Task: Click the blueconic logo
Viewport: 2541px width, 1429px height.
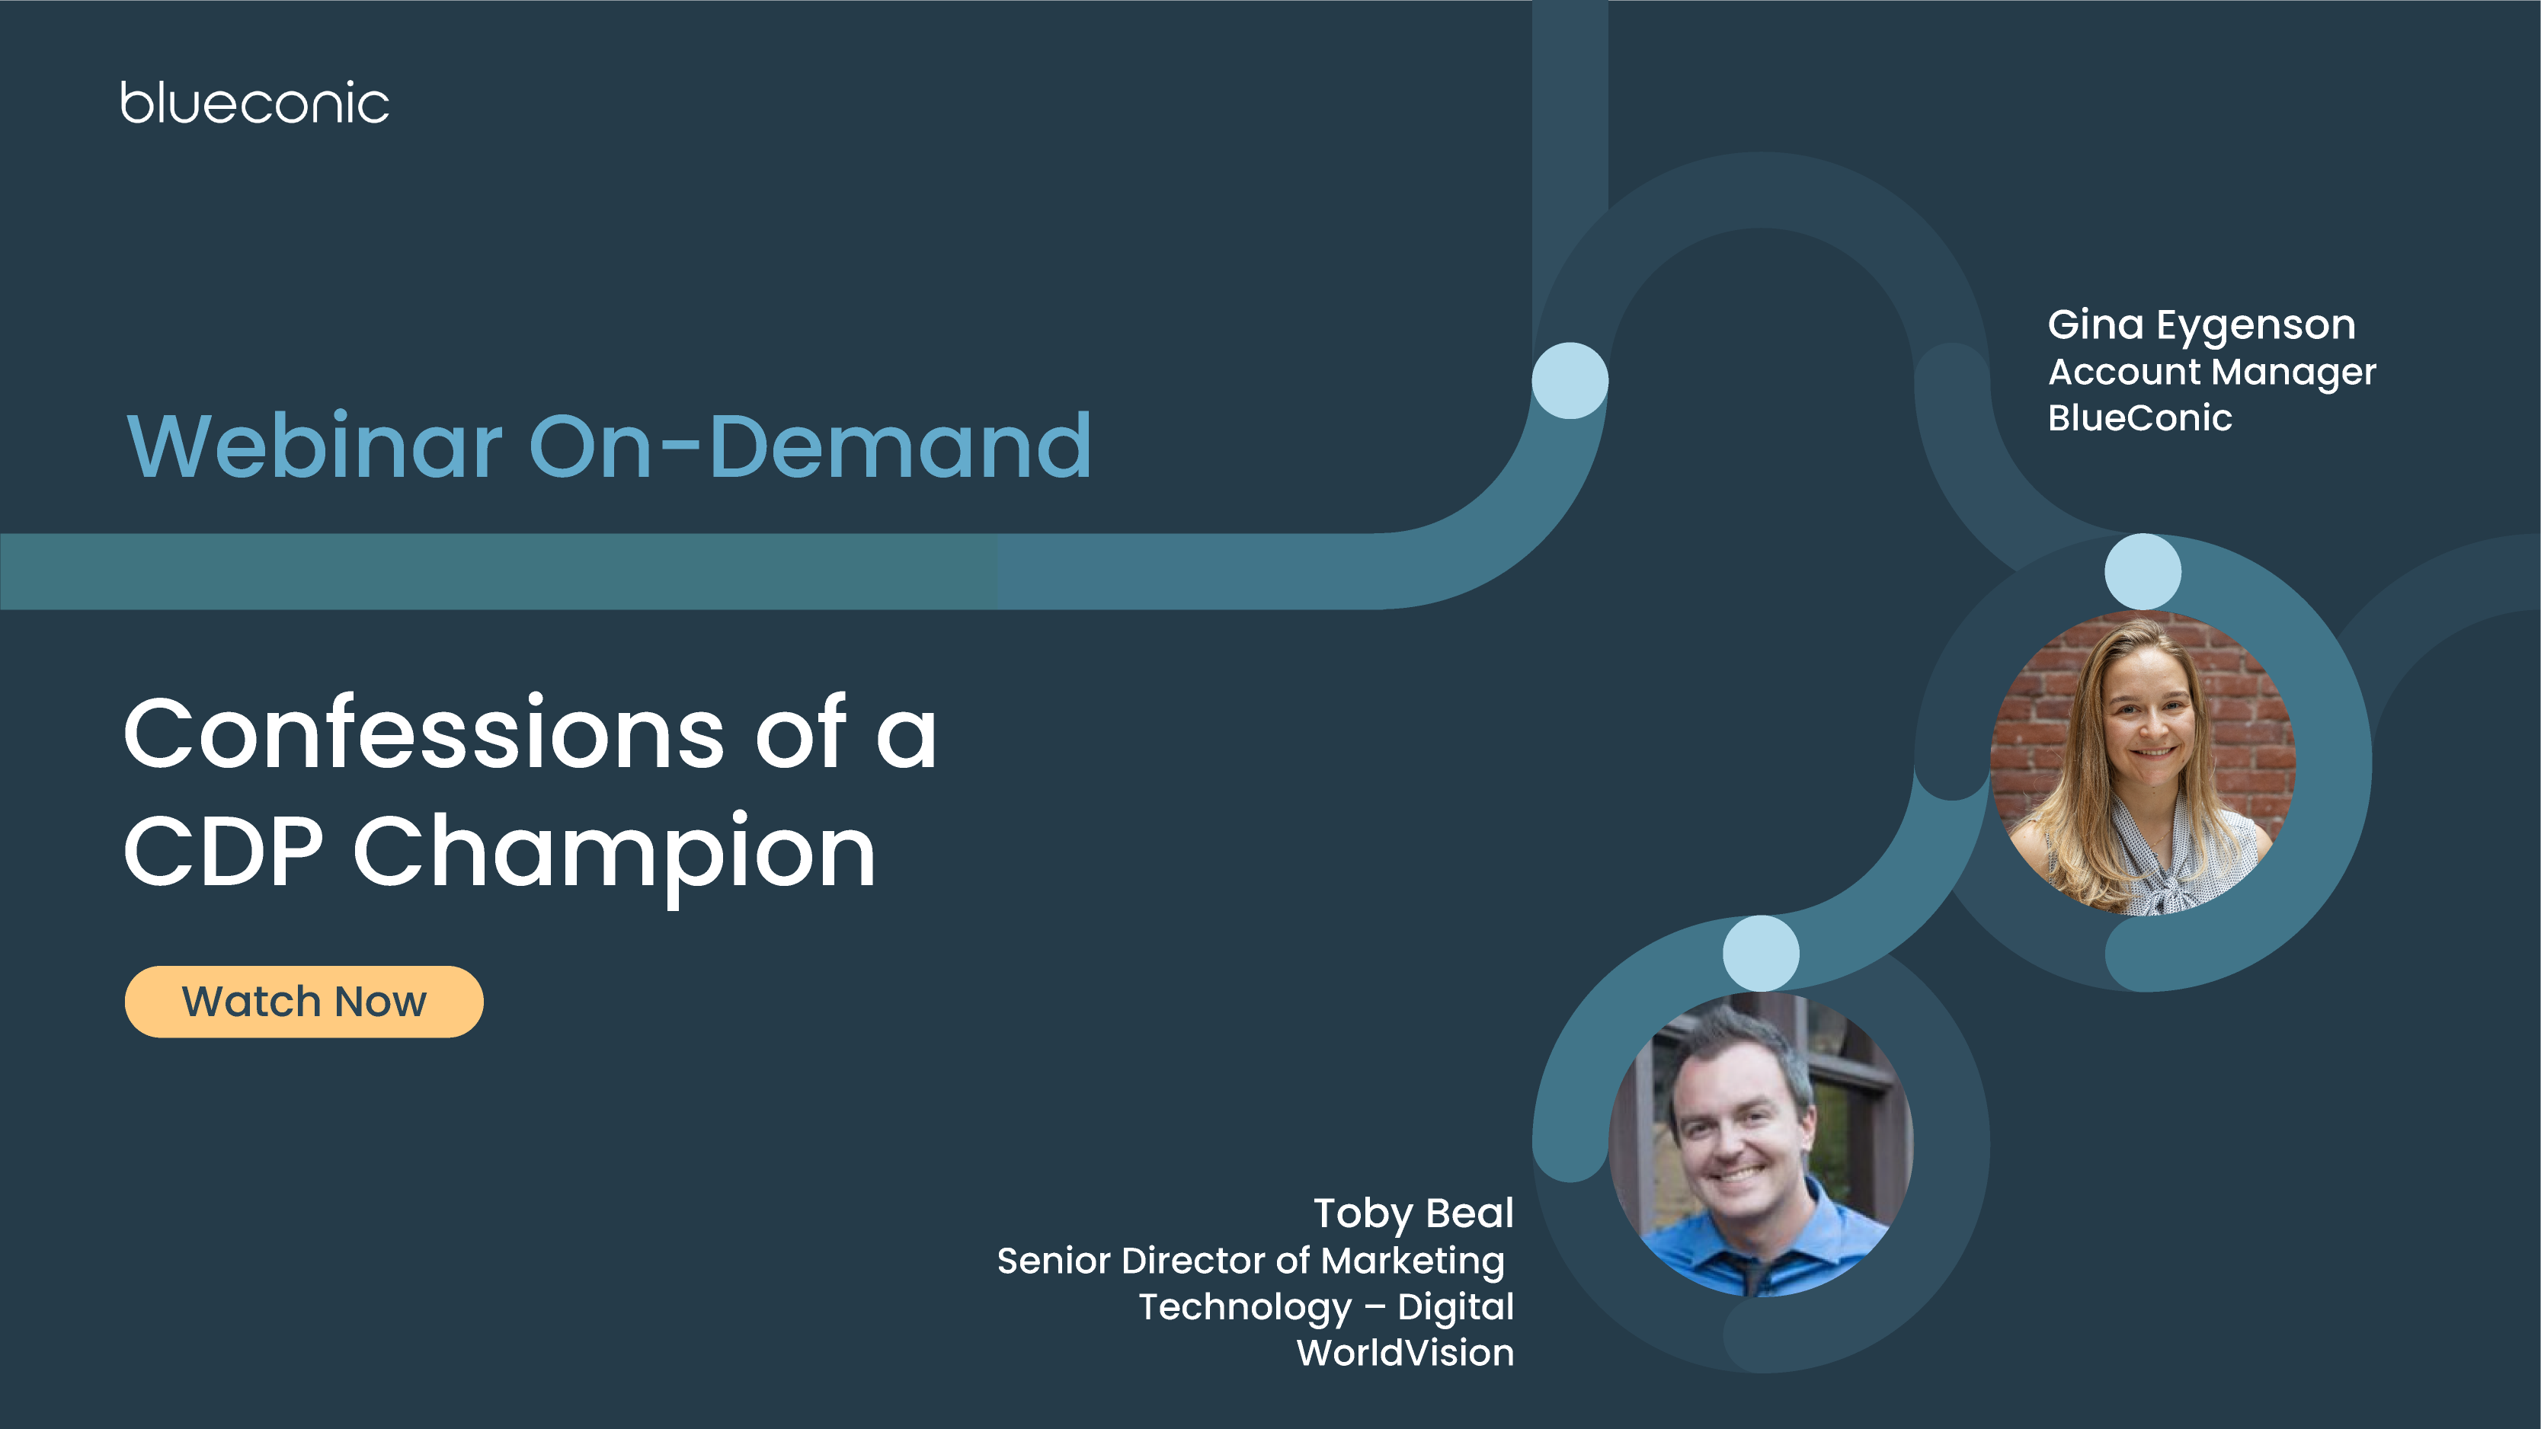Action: [254, 104]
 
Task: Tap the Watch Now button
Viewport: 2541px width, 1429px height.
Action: [304, 1001]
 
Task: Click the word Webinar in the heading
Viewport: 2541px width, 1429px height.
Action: [315, 446]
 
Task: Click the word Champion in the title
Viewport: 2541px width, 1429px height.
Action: [613, 851]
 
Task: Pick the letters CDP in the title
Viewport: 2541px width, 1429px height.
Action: [223, 851]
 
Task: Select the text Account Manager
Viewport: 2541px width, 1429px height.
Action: [2212, 372]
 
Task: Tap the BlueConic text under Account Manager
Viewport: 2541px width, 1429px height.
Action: [2139, 418]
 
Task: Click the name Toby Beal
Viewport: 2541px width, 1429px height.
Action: [1413, 1213]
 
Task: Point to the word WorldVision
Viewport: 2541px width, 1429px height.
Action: [1405, 1353]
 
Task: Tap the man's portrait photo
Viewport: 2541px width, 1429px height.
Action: [1761, 1144]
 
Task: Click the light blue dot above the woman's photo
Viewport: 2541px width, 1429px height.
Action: [2143, 571]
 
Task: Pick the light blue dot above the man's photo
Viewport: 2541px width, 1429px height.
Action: [1761, 953]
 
